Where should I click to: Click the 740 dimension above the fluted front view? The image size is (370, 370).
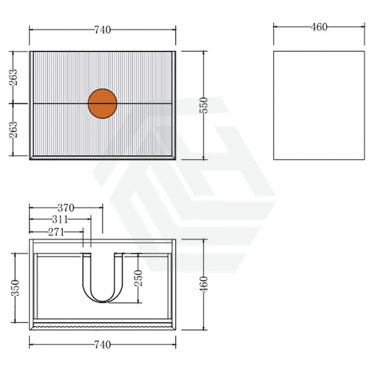[x=103, y=30]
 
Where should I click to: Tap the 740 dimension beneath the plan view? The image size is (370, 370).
[x=103, y=345]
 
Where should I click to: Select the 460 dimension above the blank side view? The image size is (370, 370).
[x=319, y=27]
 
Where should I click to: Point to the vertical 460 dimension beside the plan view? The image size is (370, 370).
[x=203, y=284]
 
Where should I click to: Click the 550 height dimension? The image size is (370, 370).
[x=203, y=105]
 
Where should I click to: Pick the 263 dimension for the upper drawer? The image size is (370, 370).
[x=13, y=77]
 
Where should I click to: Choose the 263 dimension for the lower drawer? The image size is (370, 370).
[x=13, y=129]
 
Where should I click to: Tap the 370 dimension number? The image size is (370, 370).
[x=66, y=208]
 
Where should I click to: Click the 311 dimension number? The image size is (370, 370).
[x=60, y=220]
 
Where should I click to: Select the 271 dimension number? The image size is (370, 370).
[x=56, y=232]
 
